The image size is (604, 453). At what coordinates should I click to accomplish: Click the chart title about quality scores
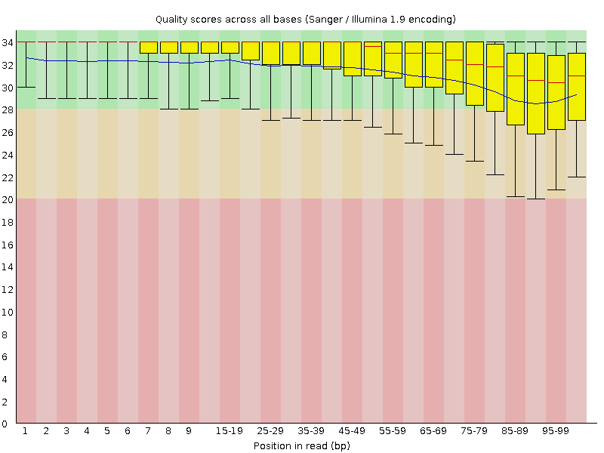[x=305, y=18]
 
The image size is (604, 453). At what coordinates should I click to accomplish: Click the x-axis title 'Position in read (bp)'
[x=301, y=445]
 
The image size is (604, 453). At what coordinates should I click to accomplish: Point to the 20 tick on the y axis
[x=7, y=199]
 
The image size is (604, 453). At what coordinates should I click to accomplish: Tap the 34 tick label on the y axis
[x=7, y=42]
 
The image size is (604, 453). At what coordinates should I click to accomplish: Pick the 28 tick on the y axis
[x=7, y=109]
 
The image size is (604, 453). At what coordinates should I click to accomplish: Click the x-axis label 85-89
[x=515, y=431]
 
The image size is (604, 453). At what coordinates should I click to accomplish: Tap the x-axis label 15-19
[x=230, y=431]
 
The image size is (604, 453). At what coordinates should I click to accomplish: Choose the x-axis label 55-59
[x=393, y=431]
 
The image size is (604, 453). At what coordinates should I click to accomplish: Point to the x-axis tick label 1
[x=25, y=431]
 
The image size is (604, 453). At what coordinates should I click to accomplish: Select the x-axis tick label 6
[x=128, y=431]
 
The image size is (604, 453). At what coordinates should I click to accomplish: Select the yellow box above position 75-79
[x=474, y=73]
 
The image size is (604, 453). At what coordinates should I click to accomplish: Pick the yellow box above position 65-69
[x=433, y=64]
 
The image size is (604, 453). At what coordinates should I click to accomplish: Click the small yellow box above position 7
[x=148, y=48]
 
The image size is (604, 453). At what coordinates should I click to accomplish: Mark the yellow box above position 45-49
[x=352, y=59]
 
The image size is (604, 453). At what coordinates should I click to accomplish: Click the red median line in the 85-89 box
[x=515, y=76]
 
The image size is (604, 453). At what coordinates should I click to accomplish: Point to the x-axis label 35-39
[x=311, y=431]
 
